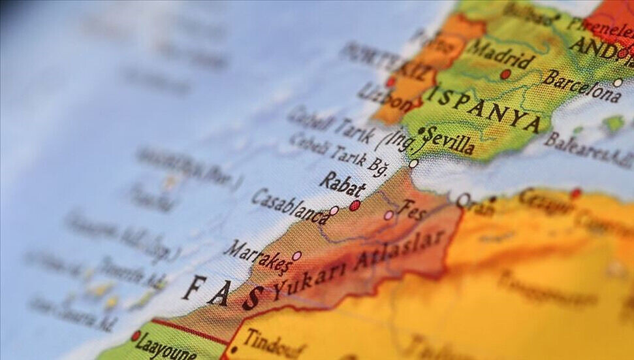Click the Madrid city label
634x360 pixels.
tap(501, 54)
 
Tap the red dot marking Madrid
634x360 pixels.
tap(505, 74)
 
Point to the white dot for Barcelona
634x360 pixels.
tap(618, 83)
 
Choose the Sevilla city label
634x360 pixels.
tap(450, 142)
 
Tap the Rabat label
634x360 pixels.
tap(343, 185)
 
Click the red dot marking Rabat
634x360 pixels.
tap(355, 205)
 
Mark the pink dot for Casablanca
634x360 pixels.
tap(334, 210)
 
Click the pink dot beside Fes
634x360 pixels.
tap(388, 215)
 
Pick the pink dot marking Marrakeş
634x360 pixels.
tap(296, 256)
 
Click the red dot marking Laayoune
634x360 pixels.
tap(136, 336)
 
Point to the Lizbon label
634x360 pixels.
tap(385, 95)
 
